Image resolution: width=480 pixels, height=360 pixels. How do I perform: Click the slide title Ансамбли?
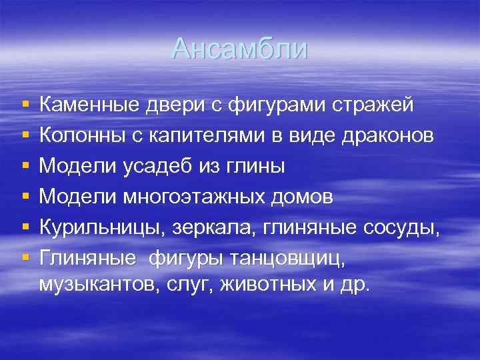pyautogui.click(x=239, y=49)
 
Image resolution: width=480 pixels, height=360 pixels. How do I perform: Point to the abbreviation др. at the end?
pyautogui.click(x=355, y=285)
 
